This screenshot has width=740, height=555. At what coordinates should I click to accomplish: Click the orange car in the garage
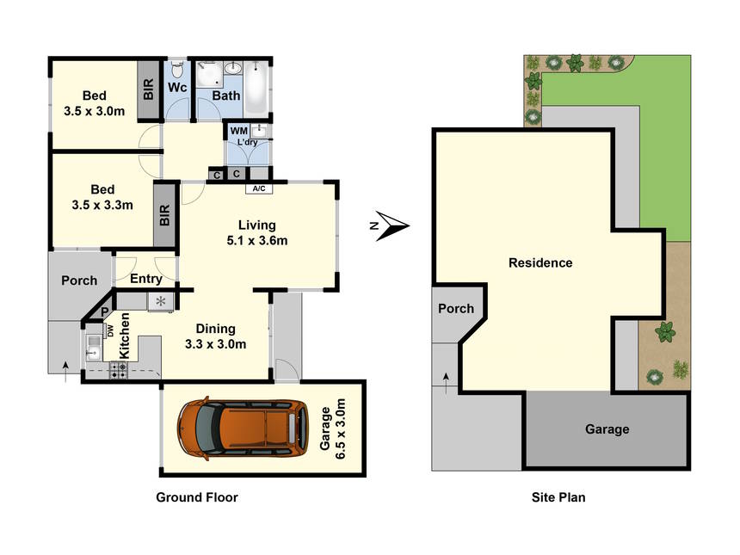coord(244,429)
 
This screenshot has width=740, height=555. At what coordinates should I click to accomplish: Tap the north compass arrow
coord(392,226)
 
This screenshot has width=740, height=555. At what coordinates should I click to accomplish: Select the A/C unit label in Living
coord(259,188)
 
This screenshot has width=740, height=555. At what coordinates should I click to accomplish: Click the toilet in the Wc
coord(177,69)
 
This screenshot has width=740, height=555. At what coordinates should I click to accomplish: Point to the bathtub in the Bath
coord(256,88)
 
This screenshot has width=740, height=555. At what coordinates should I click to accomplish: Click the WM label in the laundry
coord(239,131)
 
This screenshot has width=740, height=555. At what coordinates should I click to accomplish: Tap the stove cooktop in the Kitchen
coord(119,370)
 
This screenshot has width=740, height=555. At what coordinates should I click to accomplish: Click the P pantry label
coord(105,311)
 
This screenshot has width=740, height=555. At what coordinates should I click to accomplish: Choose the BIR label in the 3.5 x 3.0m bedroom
coord(148,89)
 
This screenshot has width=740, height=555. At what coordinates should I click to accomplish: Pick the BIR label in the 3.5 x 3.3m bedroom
coord(164,215)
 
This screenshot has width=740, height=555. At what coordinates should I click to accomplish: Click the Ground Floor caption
coord(197,497)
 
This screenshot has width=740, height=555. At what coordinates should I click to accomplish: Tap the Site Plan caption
coord(558,497)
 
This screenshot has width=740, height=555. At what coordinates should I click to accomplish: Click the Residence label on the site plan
coord(540,262)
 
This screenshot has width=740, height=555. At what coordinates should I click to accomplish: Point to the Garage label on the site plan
coord(607,429)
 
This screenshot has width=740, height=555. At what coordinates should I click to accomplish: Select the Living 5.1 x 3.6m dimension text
coord(256,232)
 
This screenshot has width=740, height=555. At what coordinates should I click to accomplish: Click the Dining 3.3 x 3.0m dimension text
coord(216,336)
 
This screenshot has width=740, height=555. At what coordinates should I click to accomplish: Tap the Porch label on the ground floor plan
coord(79,281)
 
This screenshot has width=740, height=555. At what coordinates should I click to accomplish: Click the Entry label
coord(145,279)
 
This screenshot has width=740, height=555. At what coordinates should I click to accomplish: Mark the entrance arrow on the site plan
coord(446,383)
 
